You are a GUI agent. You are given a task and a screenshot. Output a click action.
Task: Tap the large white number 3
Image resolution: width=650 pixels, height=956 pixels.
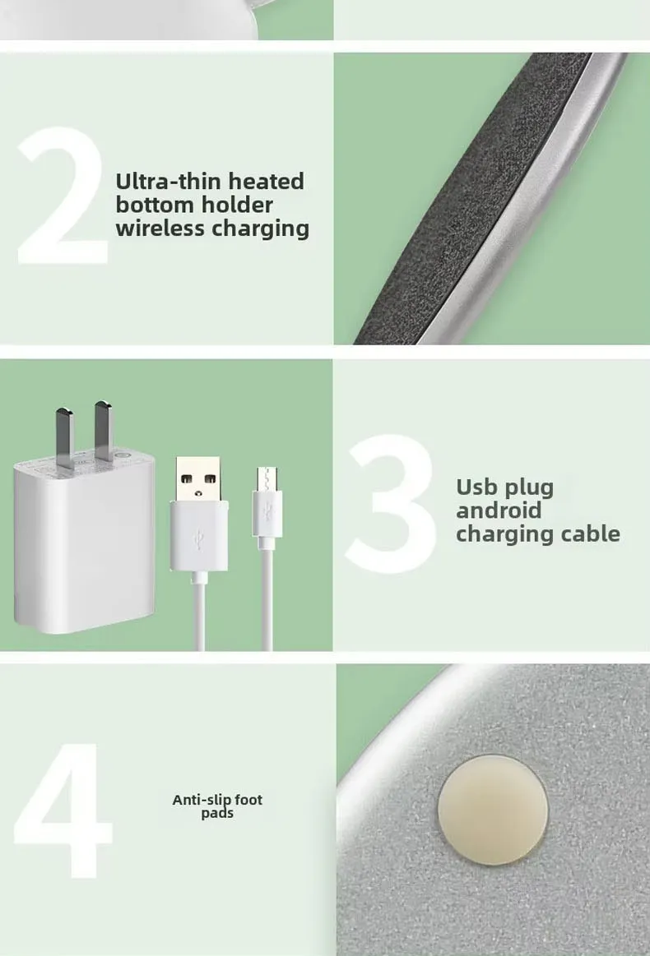pos(392,504)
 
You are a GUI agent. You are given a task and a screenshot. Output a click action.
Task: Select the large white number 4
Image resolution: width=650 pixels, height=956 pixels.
pos(63,811)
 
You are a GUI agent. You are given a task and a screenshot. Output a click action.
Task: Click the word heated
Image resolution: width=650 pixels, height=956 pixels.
pos(266,181)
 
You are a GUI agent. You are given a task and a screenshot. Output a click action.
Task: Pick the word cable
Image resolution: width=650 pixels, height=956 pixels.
pos(590,533)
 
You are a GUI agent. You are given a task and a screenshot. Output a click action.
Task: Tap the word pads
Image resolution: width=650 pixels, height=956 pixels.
pos(217,813)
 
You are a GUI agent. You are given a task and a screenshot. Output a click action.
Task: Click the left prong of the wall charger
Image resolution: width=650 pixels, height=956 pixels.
pos(65,437)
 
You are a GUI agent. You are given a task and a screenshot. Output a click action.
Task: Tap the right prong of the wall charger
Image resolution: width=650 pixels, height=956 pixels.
pos(103,431)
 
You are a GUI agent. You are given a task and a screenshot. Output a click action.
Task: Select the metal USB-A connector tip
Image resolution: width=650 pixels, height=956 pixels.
pos(198,478)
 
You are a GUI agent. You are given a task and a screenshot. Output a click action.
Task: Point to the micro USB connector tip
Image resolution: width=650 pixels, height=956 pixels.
pos(267,479)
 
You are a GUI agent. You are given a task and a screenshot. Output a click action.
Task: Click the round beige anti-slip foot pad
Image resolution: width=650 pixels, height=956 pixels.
pos(493,810)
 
